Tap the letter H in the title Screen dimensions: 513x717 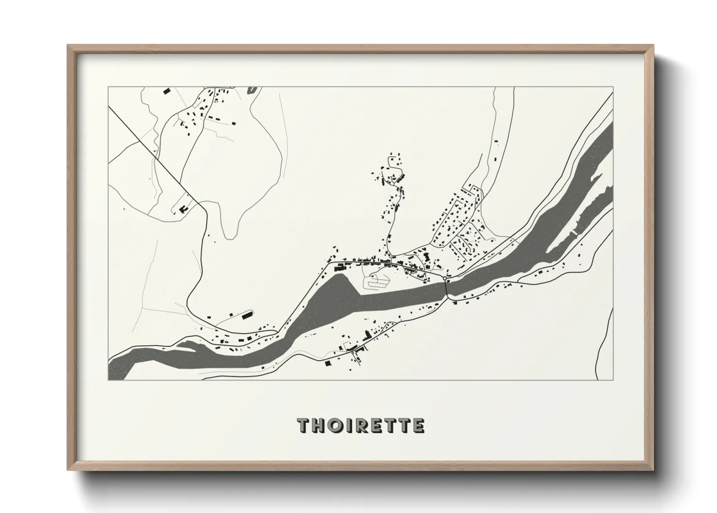pyautogui.click(x=320, y=425)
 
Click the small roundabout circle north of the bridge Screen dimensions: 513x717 pyautogui.click(x=444, y=279)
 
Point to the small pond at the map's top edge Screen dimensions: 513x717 pyautogui.click(x=251, y=90)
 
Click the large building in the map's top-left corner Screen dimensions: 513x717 pyautogui.click(x=166, y=91)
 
